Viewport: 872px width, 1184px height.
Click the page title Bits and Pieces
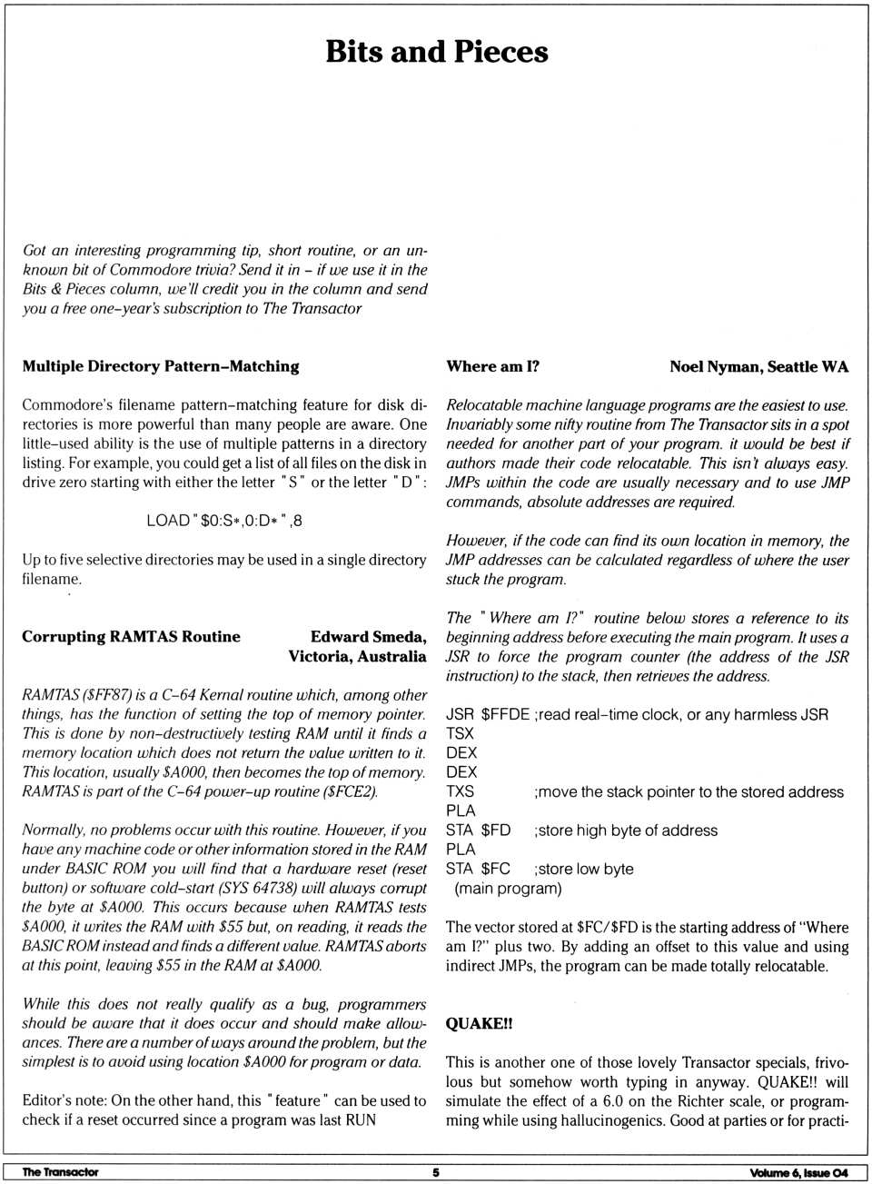click(x=436, y=52)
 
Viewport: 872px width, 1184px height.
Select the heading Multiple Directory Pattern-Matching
click(x=161, y=366)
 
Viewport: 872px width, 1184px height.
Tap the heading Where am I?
click(x=492, y=366)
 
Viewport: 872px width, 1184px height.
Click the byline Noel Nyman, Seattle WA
click(x=758, y=366)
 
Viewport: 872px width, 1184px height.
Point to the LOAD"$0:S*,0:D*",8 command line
click(x=224, y=521)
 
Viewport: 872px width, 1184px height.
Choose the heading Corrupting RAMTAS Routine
click(x=131, y=636)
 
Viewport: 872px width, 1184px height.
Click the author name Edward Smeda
click(x=368, y=636)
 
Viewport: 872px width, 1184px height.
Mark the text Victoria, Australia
click(x=357, y=656)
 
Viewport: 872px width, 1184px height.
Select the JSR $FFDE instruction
click(x=488, y=714)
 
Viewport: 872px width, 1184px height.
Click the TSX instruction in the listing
click(x=460, y=733)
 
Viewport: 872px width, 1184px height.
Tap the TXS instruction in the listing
click(x=460, y=791)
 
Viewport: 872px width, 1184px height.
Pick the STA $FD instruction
click(x=478, y=831)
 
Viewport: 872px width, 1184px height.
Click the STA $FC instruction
click(x=478, y=869)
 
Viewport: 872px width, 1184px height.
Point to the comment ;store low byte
click(x=584, y=869)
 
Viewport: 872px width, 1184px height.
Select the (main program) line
click(x=508, y=888)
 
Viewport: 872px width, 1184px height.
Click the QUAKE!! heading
click(x=479, y=1023)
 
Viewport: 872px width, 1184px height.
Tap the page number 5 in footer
click(x=436, y=1172)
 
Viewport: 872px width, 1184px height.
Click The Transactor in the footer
click(x=60, y=1172)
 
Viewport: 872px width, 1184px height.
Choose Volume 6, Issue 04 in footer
click(x=798, y=1172)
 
